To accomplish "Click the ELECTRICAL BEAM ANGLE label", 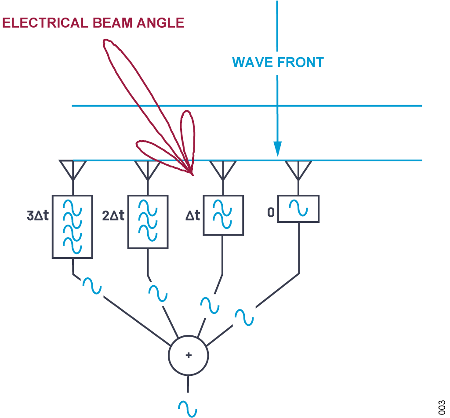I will pyautogui.click(x=93, y=23).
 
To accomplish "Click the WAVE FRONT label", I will pyautogui.click(x=278, y=62).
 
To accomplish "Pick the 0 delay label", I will pyautogui.click(x=271, y=213).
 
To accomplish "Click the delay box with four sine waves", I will pyautogui.click(x=72, y=226).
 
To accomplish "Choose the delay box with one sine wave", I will pyautogui.click(x=298, y=209).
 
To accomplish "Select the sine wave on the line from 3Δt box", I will pyautogui.click(x=92, y=286).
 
